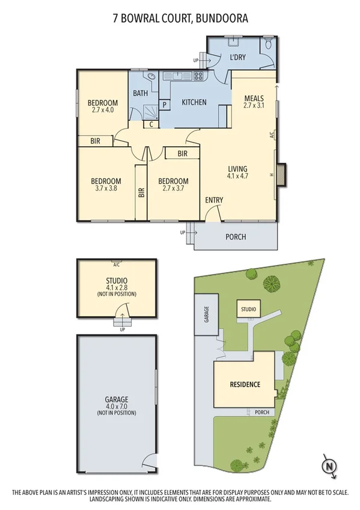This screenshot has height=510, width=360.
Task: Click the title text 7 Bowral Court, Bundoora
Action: tap(180, 19)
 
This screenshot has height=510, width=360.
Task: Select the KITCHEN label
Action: tap(194, 102)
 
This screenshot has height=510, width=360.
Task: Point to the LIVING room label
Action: tap(237, 169)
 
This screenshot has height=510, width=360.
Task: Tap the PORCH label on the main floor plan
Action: tap(236, 236)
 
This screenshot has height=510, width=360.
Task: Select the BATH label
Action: tap(141, 93)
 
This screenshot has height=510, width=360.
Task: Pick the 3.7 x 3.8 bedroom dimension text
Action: tap(106, 189)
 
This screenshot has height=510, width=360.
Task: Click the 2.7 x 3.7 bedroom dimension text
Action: tap(172, 189)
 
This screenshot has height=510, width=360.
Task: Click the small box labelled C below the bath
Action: tap(151, 124)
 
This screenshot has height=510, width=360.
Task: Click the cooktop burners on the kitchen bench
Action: tap(198, 76)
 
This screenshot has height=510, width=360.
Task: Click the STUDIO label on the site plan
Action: tap(248, 310)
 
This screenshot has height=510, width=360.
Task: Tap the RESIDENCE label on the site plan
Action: tap(245, 384)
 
